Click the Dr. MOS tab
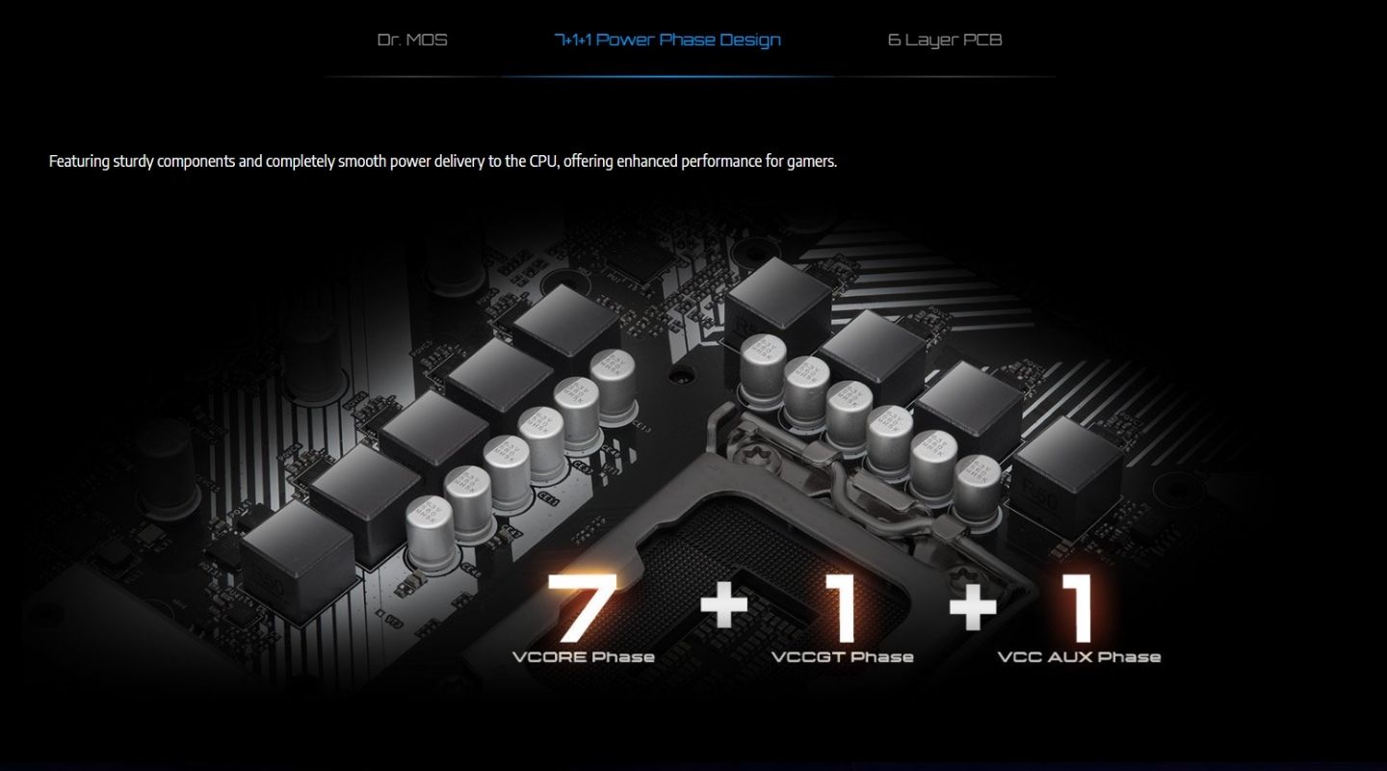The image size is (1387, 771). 412,40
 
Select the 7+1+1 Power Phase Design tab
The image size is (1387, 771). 667,40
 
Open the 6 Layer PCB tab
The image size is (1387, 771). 944,40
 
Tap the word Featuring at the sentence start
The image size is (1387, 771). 79,162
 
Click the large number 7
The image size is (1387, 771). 581,608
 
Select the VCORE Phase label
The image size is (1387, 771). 583,657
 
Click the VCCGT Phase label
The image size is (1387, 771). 842,657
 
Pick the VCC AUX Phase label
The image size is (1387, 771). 1079,657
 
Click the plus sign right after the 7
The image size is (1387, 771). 723,606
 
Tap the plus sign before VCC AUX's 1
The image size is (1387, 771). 973,606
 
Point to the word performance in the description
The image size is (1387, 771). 721,162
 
